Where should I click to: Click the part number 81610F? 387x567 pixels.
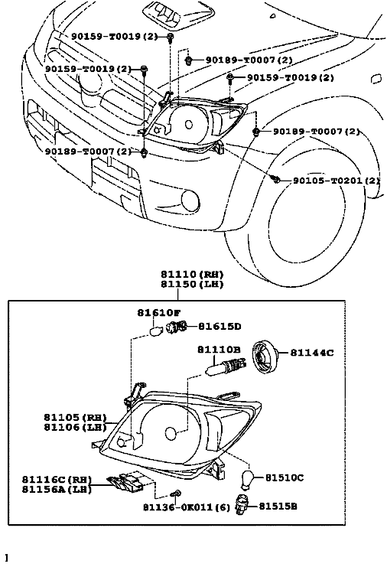158,313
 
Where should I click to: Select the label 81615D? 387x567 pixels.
220,327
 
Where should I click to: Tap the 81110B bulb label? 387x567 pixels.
219,350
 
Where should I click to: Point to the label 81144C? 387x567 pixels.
312,352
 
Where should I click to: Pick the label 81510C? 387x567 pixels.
285,477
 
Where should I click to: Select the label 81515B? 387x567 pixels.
278,507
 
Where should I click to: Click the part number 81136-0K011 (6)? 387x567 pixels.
187,507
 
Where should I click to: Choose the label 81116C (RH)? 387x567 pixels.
57,480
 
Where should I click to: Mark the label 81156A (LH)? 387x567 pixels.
57,489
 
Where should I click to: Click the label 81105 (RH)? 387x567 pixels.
76,417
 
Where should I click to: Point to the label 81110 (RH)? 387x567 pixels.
192,275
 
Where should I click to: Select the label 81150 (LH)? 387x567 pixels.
192,284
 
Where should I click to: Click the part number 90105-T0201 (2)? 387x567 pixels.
336,180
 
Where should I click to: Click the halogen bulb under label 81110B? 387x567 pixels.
226,366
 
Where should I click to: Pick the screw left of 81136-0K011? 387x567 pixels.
177,494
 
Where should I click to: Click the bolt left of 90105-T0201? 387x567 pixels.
276,179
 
